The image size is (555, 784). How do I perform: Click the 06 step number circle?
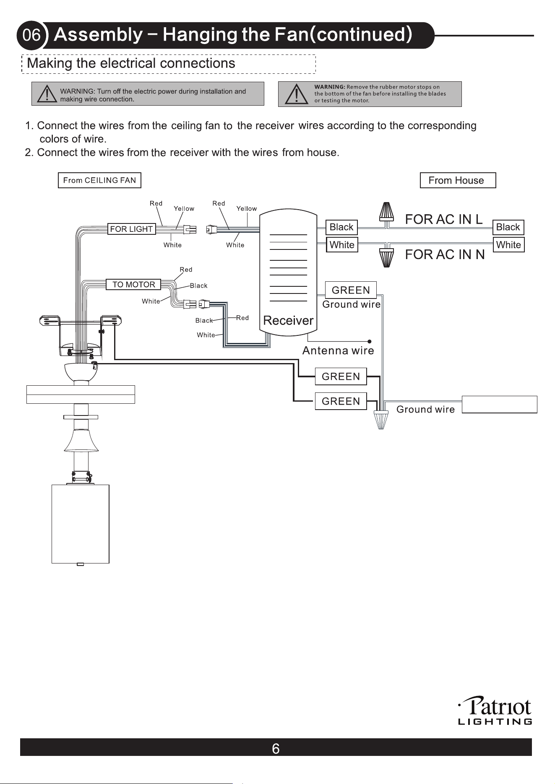pyautogui.click(x=31, y=35)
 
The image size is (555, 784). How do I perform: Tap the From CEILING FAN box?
pyautogui.click(x=99, y=180)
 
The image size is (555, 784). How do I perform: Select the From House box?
pyautogui.click(x=458, y=180)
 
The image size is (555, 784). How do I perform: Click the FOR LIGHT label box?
pyautogui.click(x=131, y=229)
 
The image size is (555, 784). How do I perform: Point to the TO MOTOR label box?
pyautogui.click(x=133, y=284)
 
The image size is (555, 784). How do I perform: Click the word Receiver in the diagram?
pyautogui.click(x=288, y=320)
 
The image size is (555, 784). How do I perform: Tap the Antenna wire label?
pyautogui.click(x=338, y=350)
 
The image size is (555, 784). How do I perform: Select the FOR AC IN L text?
pyautogui.click(x=444, y=219)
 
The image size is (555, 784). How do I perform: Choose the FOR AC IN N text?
pyautogui.click(x=445, y=254)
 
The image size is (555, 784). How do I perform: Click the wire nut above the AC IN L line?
pyautogui.click(x=386, y=212)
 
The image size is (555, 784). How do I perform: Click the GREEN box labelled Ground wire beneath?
pyautogui.click(x=351, y=290)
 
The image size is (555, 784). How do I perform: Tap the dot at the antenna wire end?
pyautogui.click(x=369, y=342)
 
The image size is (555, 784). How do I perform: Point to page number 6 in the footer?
pyautogui.click(x=276, y=748)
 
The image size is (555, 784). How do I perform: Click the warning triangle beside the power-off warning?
pyautogui.click(x=47, y=94)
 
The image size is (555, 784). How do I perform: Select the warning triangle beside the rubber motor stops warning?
pyautogui.click(x=296, y=94)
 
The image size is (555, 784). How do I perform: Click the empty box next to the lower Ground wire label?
pyautogui.click(x=500, y=405)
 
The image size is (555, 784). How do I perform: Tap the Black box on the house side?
pyautogui.click(x=508, y=227)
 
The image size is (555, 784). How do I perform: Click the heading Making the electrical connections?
pyautogui.click(x=131, y=63)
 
